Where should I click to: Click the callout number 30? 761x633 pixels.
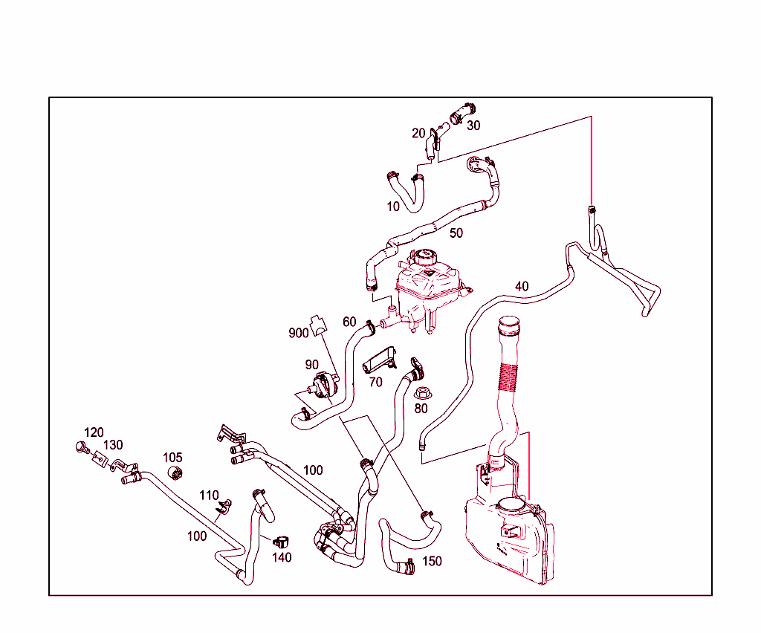473,126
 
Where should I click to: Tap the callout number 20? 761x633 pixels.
418,134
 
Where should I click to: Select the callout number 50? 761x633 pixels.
456,233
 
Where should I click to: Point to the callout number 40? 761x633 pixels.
522,287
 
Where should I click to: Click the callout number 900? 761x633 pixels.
299,334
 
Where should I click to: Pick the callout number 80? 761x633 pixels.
421,409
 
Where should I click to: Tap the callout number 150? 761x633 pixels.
432,561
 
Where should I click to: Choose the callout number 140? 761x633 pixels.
282,557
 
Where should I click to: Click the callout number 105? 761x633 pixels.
172,458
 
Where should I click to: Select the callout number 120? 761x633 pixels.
94,432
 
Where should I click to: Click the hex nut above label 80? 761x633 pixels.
422,393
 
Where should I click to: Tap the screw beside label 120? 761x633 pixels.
82,447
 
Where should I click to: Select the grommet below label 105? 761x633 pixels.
175,472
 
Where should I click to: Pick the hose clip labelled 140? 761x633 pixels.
282,541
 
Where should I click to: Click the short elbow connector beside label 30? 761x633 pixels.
462,113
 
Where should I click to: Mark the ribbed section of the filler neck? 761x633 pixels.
508,377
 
